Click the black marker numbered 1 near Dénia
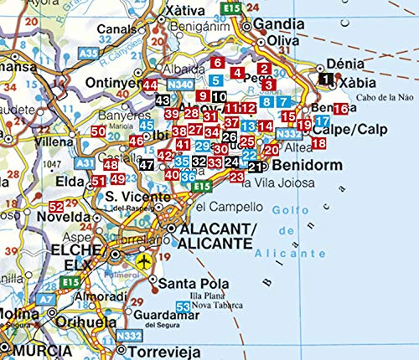(325, 80)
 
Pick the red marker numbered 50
(98, 131)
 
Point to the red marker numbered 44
(150, 85)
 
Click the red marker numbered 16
(340, 109)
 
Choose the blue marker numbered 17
(320, 121)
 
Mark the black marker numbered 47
(147, 165)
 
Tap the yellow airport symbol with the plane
(144, 261)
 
